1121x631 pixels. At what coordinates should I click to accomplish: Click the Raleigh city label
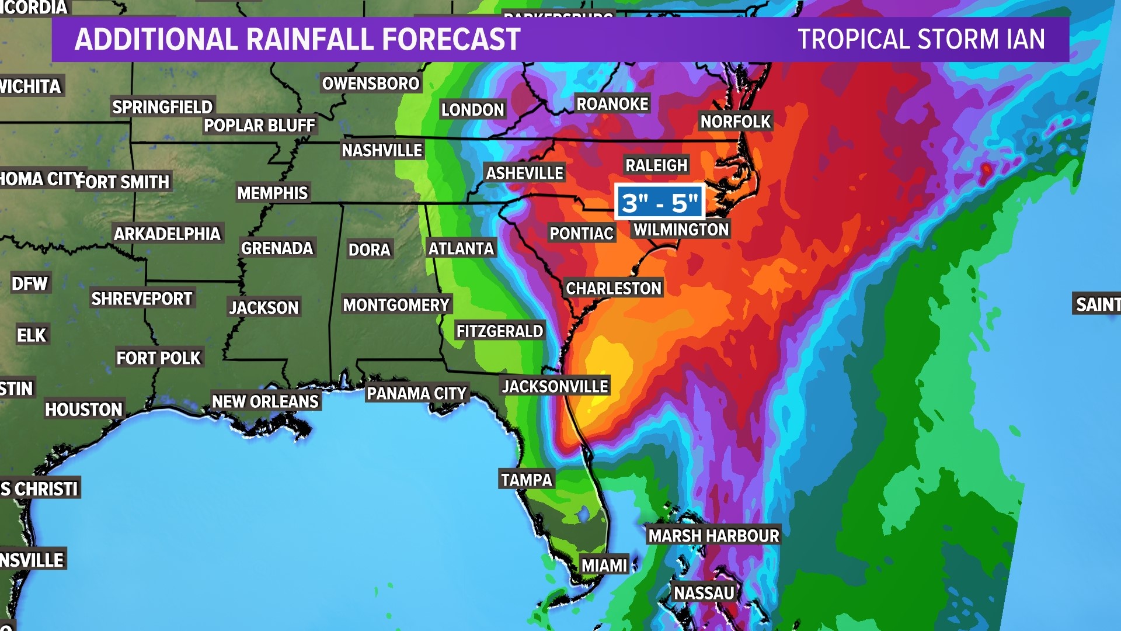[656, 165]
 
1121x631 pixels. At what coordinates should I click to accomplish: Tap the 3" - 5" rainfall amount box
[660, 203]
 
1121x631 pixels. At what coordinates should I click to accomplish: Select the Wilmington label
[681, 230]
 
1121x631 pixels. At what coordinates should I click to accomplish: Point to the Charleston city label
[614, 288]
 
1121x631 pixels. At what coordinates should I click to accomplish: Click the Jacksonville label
[555, 386]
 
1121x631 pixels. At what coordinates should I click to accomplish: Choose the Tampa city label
[526, 480]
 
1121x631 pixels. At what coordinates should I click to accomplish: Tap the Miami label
[604, 565]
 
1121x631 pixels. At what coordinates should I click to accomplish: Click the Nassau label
[704, 593]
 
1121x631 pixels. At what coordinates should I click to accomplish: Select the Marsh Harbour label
[713, 535]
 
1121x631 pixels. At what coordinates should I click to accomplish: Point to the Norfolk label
[736, 122]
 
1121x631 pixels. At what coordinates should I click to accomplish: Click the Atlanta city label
[461, 248]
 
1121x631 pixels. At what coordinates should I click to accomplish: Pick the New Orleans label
[265, 401]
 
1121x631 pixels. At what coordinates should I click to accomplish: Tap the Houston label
[83, 410]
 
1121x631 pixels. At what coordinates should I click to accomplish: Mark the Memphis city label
[272, 193]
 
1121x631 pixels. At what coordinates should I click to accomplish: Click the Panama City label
[416, 393]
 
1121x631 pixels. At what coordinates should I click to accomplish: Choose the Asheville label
[524, 173]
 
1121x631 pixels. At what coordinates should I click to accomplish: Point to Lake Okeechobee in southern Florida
[583, 514]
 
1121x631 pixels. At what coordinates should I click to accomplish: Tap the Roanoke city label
[612, 104]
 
